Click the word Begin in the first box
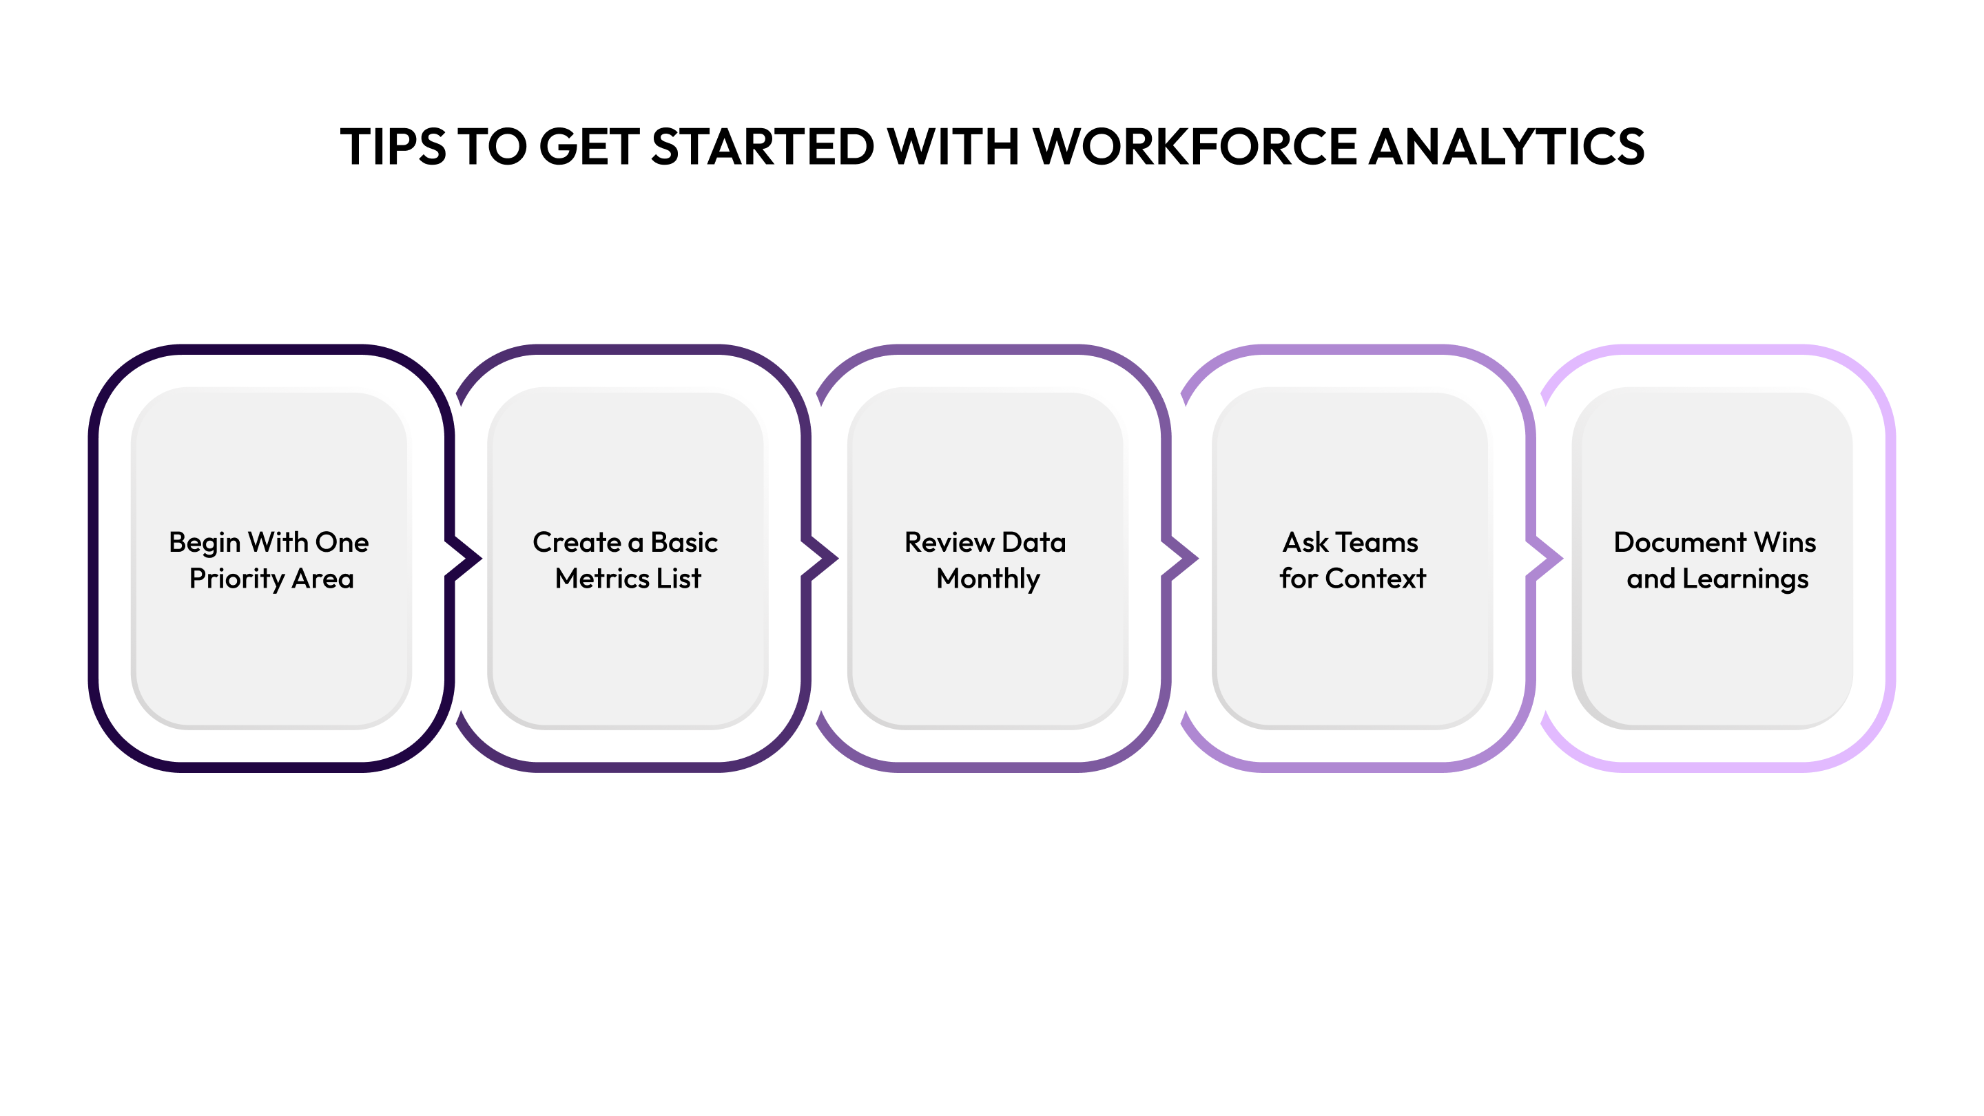tap(204, 543)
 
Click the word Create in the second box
tap(576, 542)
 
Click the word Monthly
tap(987, 579)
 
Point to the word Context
tap(1375, 579)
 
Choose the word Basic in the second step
tap(684, 542)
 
